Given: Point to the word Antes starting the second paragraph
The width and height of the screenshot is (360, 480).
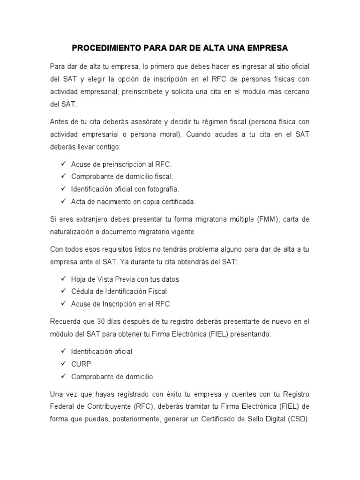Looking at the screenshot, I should point(60,121).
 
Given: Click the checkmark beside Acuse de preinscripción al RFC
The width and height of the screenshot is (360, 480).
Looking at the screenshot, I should point(63,165).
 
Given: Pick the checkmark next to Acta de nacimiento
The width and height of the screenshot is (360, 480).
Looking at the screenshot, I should point(63,202).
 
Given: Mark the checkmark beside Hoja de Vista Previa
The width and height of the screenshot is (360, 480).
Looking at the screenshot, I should point(63,279).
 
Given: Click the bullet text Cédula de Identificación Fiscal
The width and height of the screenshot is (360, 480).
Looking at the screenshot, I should point(119,291).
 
